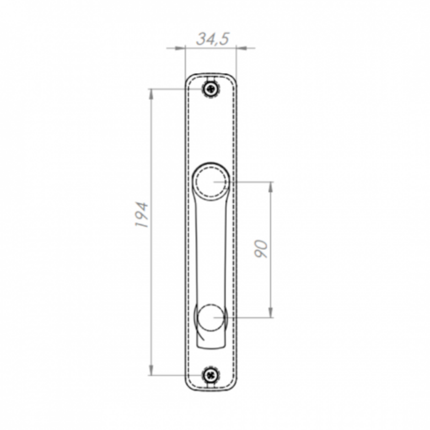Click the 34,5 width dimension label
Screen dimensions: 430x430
coord(213,39)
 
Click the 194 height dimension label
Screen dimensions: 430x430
coord(142,215)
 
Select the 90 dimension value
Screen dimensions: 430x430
coord(261,249)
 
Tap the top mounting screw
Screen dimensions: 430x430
coord(211,89)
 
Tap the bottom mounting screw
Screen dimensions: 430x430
coord(211,375)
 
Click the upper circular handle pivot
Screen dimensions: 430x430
coord(211,181)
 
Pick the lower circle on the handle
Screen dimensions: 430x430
coord(211,318)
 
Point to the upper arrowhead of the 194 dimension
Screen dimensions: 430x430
coord(150,95)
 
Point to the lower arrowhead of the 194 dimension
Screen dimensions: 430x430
coord(150,369)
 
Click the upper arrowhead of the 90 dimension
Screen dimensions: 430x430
coord(270,187)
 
